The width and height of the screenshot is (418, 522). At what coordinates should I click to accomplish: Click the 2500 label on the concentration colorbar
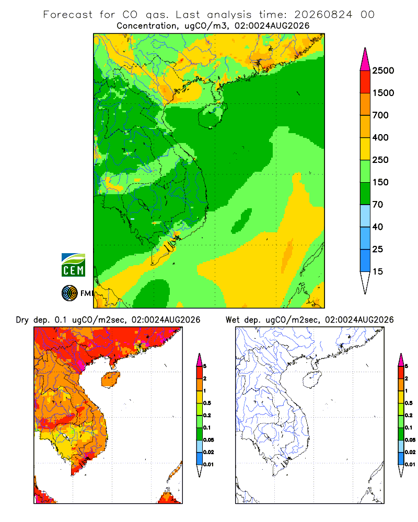point(383,70)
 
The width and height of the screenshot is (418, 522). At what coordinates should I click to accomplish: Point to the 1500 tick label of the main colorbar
point(383,93)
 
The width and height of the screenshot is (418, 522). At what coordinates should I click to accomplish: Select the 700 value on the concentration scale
point(380,115)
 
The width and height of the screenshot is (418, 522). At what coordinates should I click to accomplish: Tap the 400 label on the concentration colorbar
point(380,137)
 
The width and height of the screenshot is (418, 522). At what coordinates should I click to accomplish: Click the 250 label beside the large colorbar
point(380,160)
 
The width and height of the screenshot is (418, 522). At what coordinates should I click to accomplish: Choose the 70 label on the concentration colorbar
point(378,205)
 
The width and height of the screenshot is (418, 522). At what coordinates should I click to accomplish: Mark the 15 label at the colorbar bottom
point(378,271)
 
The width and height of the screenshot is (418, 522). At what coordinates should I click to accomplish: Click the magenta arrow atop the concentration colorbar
point(365,60)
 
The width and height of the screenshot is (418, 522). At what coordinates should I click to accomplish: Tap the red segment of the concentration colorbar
point(365,82)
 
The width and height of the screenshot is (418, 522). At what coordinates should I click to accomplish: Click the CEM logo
point(73,265)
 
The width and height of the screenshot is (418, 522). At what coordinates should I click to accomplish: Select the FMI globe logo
point(69,293)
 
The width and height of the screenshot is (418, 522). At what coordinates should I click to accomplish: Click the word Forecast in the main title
point(68,15)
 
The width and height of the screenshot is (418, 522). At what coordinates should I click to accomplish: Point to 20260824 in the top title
point(323,15)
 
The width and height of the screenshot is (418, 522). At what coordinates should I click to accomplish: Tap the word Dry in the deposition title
point(22,320)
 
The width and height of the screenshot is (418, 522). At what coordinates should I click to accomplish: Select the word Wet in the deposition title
point(233,320)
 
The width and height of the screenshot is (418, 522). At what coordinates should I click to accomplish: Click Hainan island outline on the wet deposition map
point(304,379)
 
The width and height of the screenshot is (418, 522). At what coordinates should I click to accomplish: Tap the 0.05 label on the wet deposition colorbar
point(410,440)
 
